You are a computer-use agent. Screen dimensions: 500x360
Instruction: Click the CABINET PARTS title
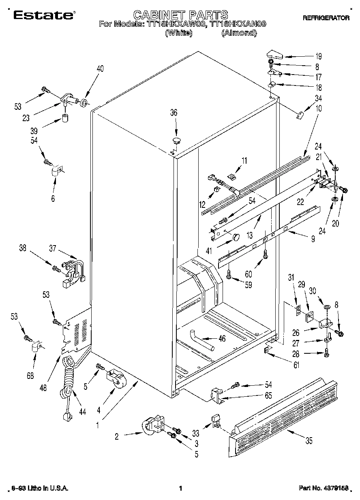pos(180,15)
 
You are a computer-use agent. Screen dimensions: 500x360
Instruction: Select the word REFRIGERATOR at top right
pos(325,18)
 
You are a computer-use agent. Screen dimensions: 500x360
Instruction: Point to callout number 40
pos(100,68)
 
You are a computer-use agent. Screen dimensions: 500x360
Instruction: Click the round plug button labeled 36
pos(176,141)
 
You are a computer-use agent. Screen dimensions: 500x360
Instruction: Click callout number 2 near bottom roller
pos(117,436)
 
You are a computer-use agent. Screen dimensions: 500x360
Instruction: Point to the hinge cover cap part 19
pos(277,54)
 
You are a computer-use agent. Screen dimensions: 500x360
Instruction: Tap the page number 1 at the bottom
pos(180,489)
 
